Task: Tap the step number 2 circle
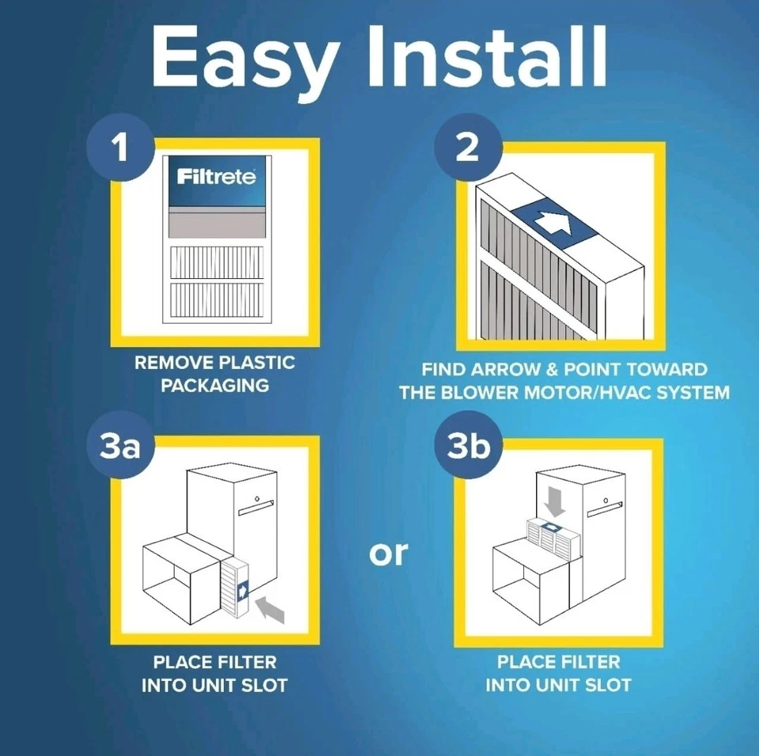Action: click(x=466, y=148)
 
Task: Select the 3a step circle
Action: click(x=120, y=447)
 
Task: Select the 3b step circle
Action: click(x=468, y=447)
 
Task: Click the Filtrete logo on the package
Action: click(x=216, y=177)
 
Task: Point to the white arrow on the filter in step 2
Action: click(x=553, y=224)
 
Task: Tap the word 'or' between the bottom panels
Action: click(x=388, y=553)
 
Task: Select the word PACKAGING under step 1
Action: click(x=214, y=386)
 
